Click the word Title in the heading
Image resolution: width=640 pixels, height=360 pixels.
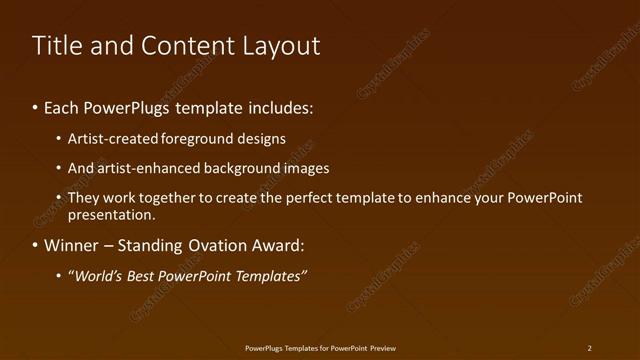pyautogui.click(x=54, y=46)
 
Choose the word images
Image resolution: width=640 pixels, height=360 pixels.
pyautogui.click(x=306, y=168)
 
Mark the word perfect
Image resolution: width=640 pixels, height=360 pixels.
pyautogui.click(x=288, y=198)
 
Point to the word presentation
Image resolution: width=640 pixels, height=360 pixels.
pyautogui.click(x=110, y=215)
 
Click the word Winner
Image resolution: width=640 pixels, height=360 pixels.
pyautogui.click(x=72, y=245)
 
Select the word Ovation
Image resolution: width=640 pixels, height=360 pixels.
pyautogui.click(x=210, y=245)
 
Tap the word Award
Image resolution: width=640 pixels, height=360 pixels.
pyautogui.click(x=274, y=245)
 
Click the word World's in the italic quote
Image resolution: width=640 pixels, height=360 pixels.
pyautogui.click(x=98, y=276)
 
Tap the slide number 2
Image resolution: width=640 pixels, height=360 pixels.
pyautogui.click(x=590, y=348)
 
